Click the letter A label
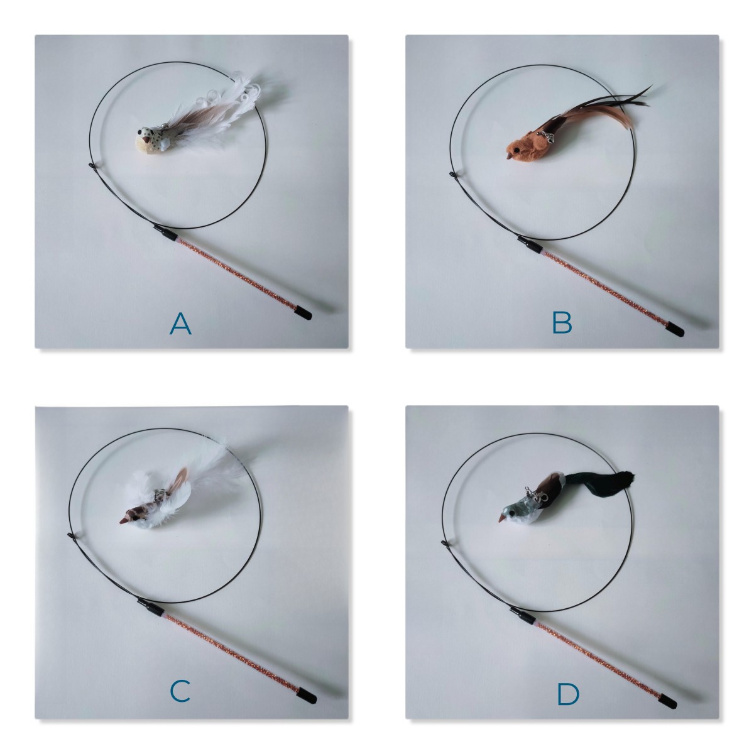click(180, 324)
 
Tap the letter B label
click(562, 323)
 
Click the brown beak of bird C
click(125, 520)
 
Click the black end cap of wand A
click(304, 314)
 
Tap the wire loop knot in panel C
click(71, 535)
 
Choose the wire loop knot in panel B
click(452, 175)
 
